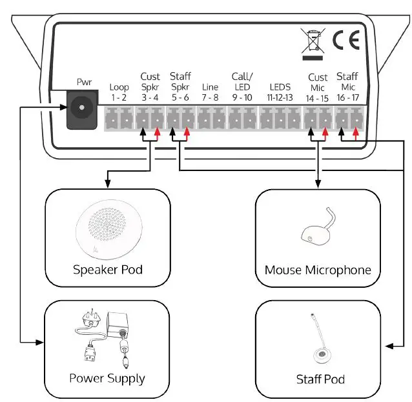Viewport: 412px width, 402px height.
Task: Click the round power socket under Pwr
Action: click(x=82, y=108)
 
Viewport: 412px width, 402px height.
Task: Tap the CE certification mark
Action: click(x=345, y=40)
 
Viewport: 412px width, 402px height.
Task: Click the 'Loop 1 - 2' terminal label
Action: click(x=119, y=92)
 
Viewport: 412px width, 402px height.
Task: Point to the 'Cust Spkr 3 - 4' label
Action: click(x=150, y=87)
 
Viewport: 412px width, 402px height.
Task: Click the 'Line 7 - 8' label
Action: click(x=210, y=92)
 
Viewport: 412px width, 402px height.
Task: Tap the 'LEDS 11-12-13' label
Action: click(x=280, y=92)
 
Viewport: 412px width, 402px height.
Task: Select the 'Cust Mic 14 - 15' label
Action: click(x=317, y=87)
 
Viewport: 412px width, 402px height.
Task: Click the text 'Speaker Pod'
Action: click(x=107, y=270)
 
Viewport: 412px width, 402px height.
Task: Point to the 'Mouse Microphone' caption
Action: click(x=318, y=270)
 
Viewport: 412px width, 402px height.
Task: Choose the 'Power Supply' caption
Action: click(x=107, y=378)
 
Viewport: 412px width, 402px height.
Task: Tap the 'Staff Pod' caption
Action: click(x=320, y=379)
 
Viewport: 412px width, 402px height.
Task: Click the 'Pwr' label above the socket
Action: click(x=84, y=82)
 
